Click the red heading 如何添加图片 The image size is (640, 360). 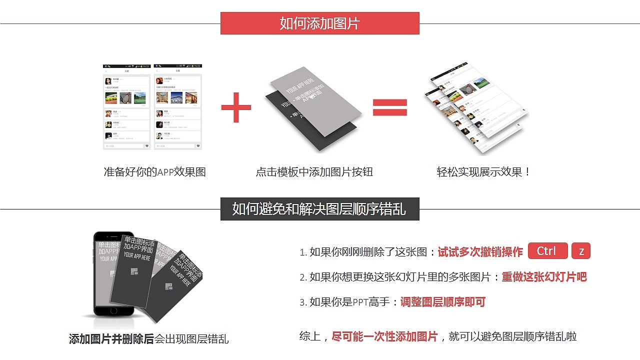[x=319, y=23]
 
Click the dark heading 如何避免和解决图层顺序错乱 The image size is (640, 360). [x=319, y=209]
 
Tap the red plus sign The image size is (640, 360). [x=236, y=107]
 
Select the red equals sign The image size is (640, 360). [x=390, y=107]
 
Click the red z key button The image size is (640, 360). [x=581, y=251]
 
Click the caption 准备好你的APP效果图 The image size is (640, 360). [x=154, y=172]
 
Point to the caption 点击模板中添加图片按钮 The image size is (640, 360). [x=314, y=172]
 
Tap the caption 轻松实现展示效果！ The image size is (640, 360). [x=483, y=172]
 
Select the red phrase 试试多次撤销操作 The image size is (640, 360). [x=480, y=252]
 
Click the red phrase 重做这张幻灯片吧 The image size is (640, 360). [x=544, y=277]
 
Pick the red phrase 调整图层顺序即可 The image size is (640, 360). [x=442, y=302]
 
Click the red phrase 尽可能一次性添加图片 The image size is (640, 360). [x=384, y=336]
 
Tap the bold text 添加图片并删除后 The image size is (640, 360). [x=111, y=339]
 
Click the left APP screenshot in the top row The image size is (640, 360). [x=127, y=107]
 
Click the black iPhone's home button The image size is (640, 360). [x=114, y=310]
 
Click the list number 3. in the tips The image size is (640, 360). [x=303, y=302]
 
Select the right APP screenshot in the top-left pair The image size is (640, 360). [x=178, y=107]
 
